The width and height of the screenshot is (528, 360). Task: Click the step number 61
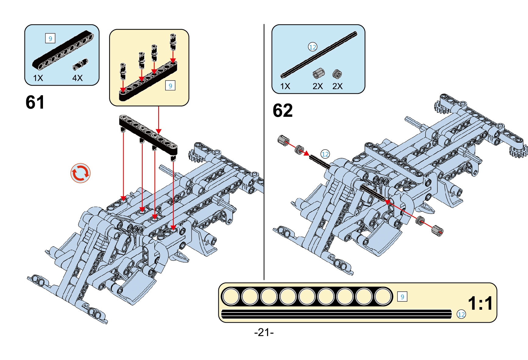pyautogui.click(x=35, y=102)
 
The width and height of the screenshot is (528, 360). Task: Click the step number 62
pyautogui.click(x=283, y=110)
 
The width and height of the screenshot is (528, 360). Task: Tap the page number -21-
pyautogui.click(x=264, y=332)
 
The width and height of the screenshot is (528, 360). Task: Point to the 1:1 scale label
pyautogui.click(x=480, y=303)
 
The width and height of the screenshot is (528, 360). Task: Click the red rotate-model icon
pyautogui.click(x=80, y=173)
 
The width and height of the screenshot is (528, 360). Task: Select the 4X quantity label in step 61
pyautogui.click(x=77, y=78)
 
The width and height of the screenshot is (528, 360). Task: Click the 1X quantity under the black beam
pyautogui.click(x=38, y=78)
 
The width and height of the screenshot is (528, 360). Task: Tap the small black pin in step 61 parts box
pyautogui.click(x=80, y=64)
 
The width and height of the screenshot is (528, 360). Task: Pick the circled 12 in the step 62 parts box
pyautogui.click(x=312, y=47)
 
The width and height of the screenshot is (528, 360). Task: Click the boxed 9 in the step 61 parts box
pyautogui.click(x=50, y=38)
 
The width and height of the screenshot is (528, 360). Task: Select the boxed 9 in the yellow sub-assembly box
pyautogui.click(x=170, y=86)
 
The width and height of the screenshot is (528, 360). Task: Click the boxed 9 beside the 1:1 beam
pyautogui.click(x=402, y=297)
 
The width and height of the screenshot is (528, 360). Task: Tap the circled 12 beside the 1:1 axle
pyautogui.click(x=461, y=314)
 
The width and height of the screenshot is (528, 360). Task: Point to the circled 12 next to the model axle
pyautogui.click(x=325, y=154)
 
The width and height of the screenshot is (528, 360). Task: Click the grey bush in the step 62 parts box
pyautogui.click(x=337, y=74)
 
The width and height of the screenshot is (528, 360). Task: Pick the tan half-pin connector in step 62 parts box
pyautogui.click(x=319, y=73)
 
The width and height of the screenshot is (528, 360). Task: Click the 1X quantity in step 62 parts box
pyautogui.click(x=285, y=86)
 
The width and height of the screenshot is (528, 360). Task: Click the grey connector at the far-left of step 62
pyautogui.click(x=283, y=140)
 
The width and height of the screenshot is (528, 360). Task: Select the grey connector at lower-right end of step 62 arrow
pyautogui.click(x=437, y=230)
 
